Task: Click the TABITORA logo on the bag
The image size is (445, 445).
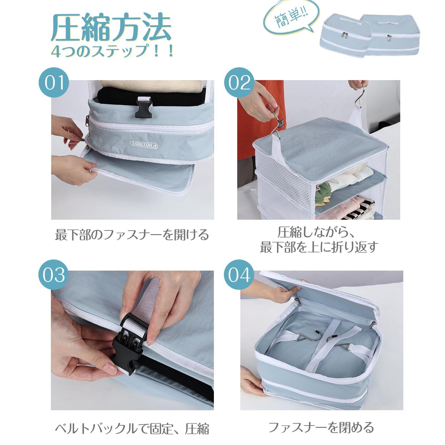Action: [x=144, y=144]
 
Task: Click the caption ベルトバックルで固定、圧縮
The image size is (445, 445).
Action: [x=132, y=429]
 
